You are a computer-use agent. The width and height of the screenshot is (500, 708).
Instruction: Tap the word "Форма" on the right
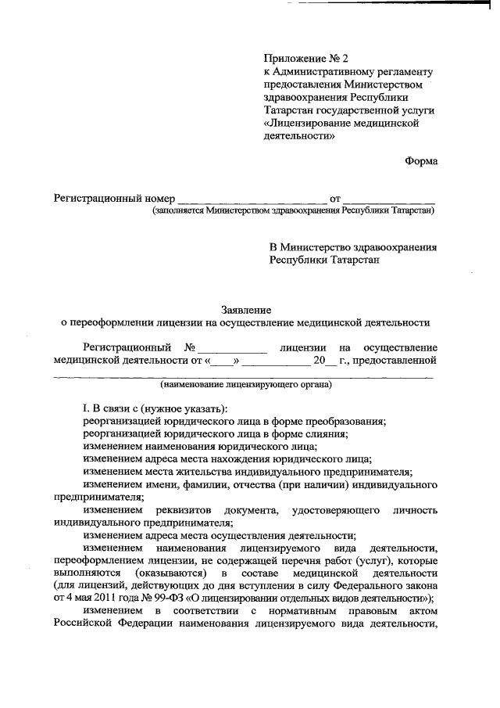[x=421, y=161]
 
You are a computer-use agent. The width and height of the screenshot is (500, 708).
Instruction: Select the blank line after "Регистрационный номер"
[x=252, y=199]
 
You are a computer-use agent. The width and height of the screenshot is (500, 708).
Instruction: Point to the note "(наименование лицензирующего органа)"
[x=245, y=385]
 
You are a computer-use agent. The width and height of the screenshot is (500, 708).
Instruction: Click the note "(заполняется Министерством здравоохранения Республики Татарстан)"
[x=293, y=210]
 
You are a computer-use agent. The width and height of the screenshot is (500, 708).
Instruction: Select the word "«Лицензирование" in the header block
[x=305, y=124]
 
